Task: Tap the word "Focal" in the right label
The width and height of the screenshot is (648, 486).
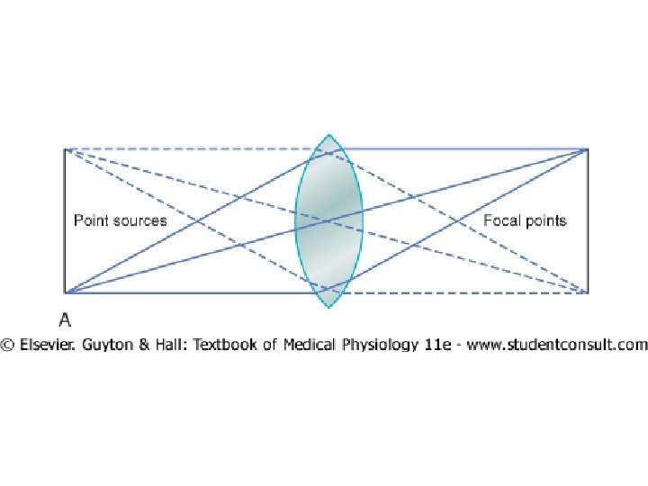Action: point(502,220)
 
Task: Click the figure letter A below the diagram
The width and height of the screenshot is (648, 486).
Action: point(66,319)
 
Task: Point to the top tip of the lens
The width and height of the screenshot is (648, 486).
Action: point(329,137)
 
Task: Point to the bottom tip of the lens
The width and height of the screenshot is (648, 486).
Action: point(329,305)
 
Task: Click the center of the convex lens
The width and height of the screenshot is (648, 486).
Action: point(329,220)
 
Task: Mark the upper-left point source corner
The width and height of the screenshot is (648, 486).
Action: point(65,149)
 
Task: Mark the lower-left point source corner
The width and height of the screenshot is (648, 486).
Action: point(65,292)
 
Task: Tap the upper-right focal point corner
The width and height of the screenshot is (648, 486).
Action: point(588,149)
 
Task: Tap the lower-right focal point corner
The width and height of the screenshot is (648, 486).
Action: point(588,292)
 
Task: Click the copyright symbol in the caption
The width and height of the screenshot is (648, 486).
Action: point(7,345)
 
